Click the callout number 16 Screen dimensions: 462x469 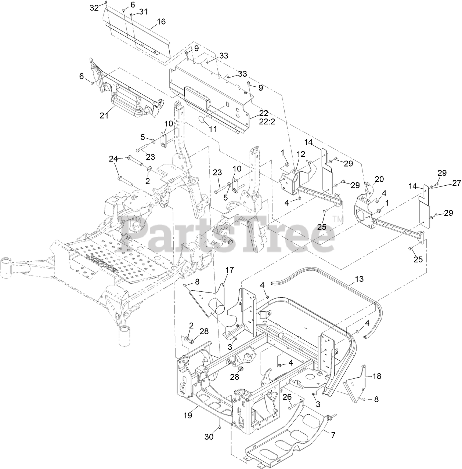[x=161, y=22]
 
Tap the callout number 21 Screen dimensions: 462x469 [x=104, y=116]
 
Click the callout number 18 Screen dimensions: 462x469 [x=377, y=376]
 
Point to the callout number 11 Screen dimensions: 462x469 [x=213, y=129]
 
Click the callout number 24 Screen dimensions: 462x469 [x=113, y=159]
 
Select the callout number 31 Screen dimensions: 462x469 [x=143, y=12]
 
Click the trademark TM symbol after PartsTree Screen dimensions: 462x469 [x=336, y=219]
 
